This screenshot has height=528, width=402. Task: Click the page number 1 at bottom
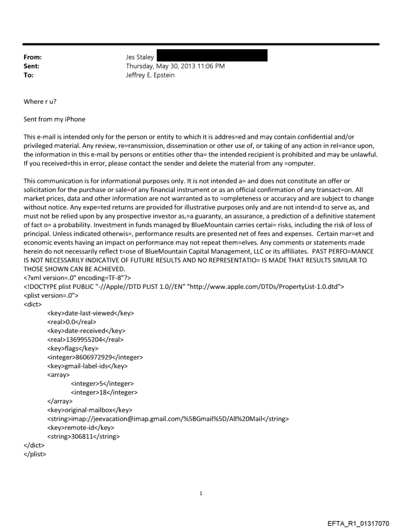[201, 493]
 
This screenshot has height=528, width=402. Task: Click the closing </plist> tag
[34, 454]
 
